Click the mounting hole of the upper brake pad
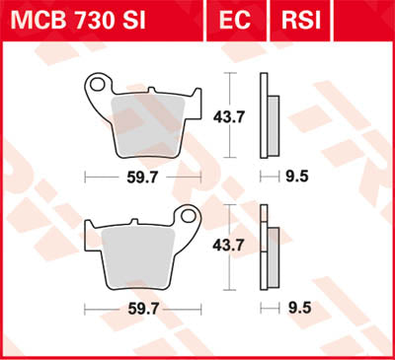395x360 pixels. (97, 86)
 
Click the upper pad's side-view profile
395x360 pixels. (267, 116)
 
